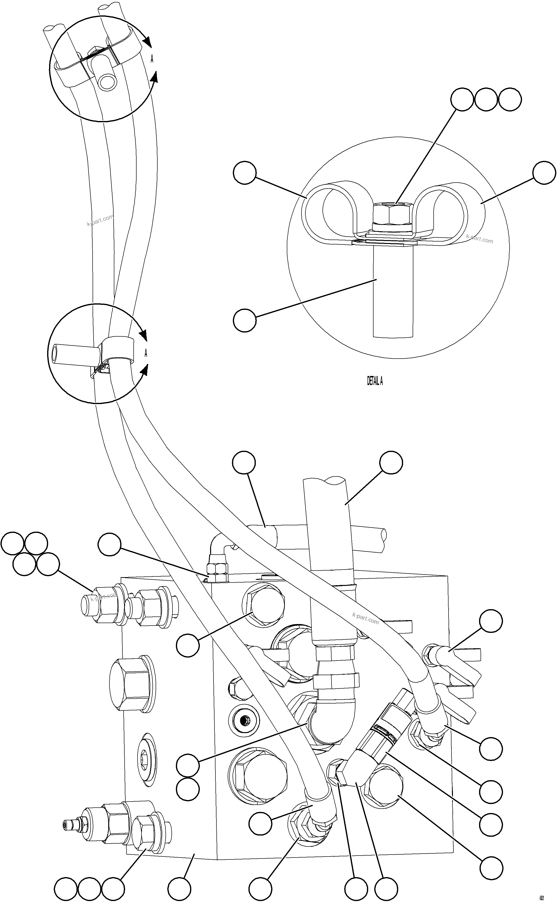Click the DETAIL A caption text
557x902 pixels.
pyautogui.click(x=375, y=381)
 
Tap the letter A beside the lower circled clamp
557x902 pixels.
pyautogui.click(x=146, y=353)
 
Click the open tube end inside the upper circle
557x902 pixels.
pyautogui.click(x=107, y=82)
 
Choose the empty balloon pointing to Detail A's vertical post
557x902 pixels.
pyautogui.click(x=244, y=320)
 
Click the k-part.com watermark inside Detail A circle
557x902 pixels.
pyautogui.click(x=479, y=239)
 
